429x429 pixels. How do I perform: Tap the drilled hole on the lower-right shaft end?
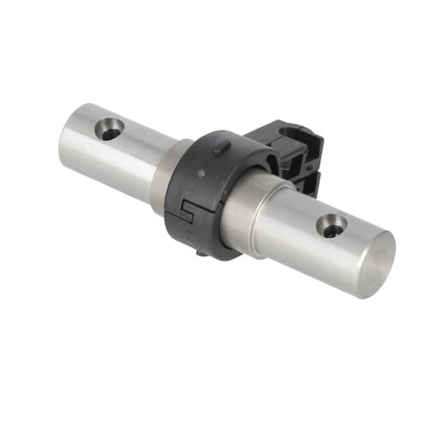pyautogui.click(x=331, y=227)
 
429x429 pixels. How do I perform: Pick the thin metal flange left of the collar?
pyautogui.click(x=160, y=176)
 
